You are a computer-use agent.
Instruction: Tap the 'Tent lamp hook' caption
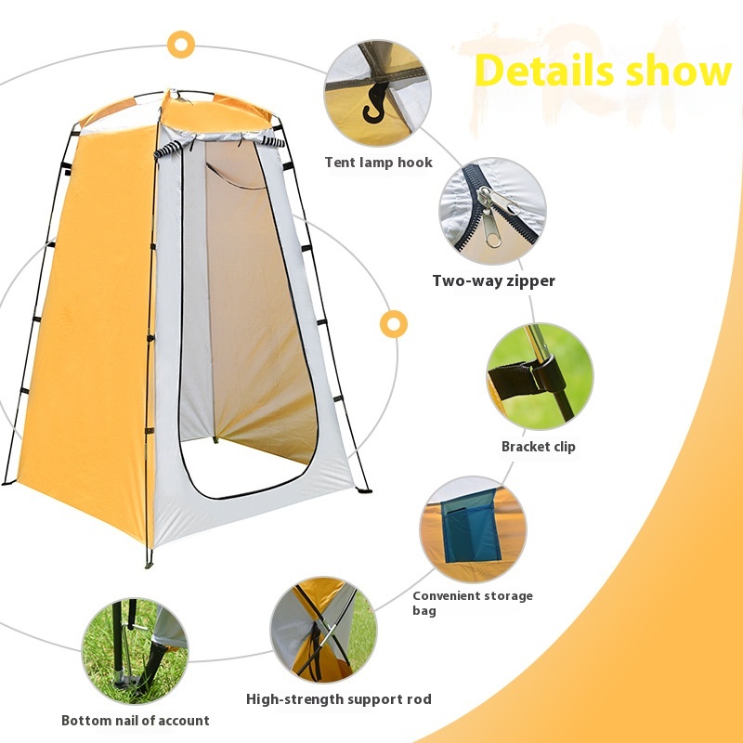tap(379, 163)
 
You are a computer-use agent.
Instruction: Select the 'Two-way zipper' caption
tap(493, 280)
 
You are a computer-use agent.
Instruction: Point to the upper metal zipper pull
tap(499, 199)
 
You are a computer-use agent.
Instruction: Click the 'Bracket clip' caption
tap(539, 447)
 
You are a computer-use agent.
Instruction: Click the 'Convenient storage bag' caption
tap(473, 603)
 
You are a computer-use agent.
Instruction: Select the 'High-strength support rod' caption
tap(339, 699)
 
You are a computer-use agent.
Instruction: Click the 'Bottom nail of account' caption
tap(136, 721)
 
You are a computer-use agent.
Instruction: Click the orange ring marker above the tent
tap(181, 45)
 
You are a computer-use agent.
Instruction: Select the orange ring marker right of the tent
tap(394, 324)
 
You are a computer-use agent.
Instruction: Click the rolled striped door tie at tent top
tap(169, 150)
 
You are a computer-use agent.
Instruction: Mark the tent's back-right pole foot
tap(364, 491)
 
